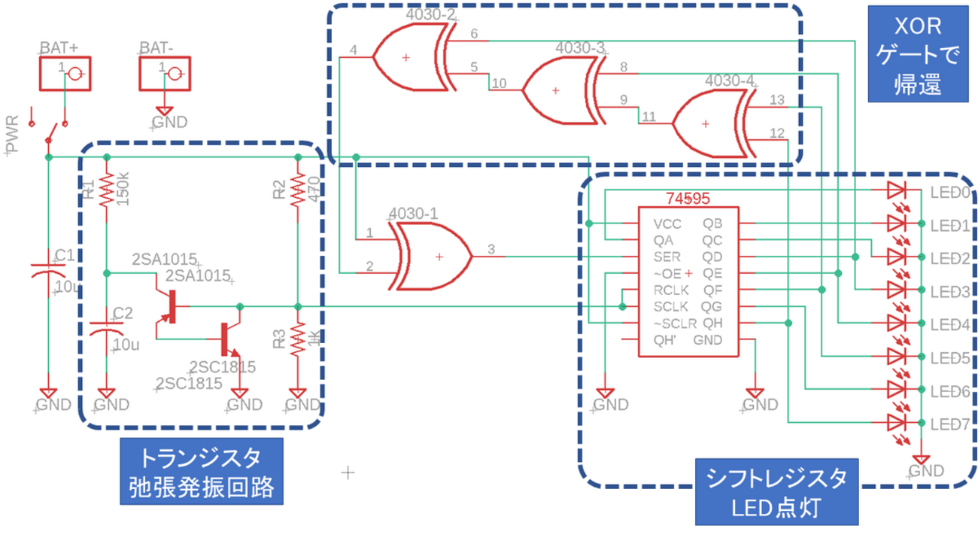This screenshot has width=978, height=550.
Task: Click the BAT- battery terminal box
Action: click(x=166, y=73)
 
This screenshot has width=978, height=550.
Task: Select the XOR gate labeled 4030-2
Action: click(x=410, y=56)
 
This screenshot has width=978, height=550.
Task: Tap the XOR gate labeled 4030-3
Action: click(x=560, y=90)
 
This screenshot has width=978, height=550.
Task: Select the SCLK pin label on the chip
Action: click(x=670, y=306)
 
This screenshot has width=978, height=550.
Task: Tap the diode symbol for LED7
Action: click(x=896, y=422)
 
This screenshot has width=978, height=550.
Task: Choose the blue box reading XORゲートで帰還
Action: click(x=917, y=53)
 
